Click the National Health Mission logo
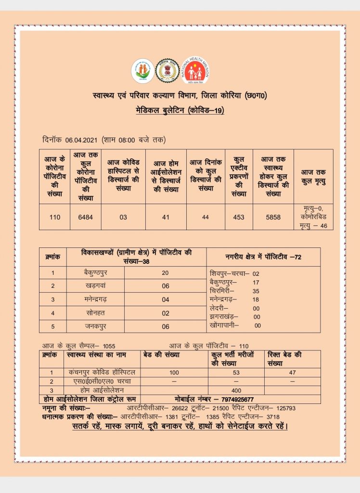(196, 71)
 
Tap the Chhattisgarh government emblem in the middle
(167, 71)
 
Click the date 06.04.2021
(82, 140)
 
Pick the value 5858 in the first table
(273, 217)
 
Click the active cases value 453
(238, 217)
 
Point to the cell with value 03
(123, 217)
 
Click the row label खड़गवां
(95, 285)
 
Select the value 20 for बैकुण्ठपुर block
(165, 272)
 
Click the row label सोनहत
(95, 312)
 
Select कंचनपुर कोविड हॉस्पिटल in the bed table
(102, 372)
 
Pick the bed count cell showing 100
(174, 372)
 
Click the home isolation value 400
(236, 389)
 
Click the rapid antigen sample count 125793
(299, 408)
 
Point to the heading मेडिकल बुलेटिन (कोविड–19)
(180, 111)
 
